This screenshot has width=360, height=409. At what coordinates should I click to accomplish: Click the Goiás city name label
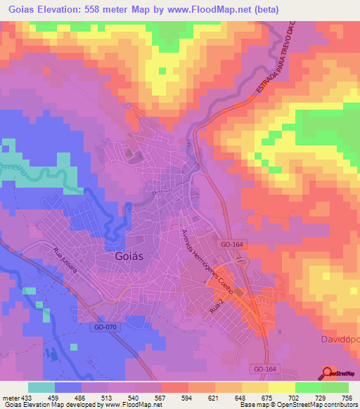(129, 257)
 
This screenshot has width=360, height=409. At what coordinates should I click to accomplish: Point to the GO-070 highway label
(104, 327)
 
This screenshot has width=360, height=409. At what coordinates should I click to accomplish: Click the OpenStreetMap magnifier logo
(328, 372)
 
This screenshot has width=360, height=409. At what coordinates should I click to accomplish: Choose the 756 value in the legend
(347, 397)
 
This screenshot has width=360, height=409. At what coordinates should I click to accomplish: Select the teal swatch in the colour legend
(41, 387)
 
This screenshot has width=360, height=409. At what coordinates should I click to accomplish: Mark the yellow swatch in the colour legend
(281, 387)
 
